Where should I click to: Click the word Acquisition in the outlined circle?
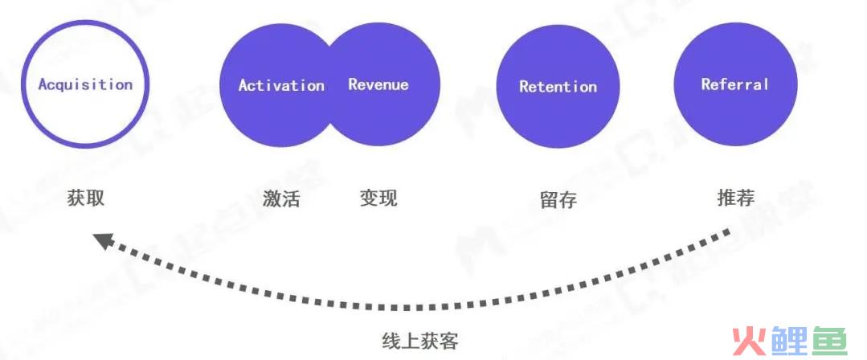pos(86,84)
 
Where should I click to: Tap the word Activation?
pos(281,85)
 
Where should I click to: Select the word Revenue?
pos(378,84)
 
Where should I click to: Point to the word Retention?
pos(558,86)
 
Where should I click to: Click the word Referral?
pos(735,84)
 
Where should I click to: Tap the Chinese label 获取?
pos(86,198)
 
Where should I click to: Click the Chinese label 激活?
pos(281,198)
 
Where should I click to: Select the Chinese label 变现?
pos(378,198)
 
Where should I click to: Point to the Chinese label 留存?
pos(558,199)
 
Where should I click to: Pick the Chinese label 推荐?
pos(736,198)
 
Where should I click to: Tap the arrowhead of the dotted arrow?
pos(103,240)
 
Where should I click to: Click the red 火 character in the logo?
pos(749,341)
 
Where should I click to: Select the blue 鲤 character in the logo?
pos(789,341)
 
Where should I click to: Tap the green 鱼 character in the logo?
pos(829,341)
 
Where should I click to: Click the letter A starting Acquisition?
pos(43,84)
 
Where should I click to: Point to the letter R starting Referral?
pos(706,84)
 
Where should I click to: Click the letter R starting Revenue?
pos(354,84)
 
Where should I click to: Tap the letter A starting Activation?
pos(243,85)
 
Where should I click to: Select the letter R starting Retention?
pos(525,87)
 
